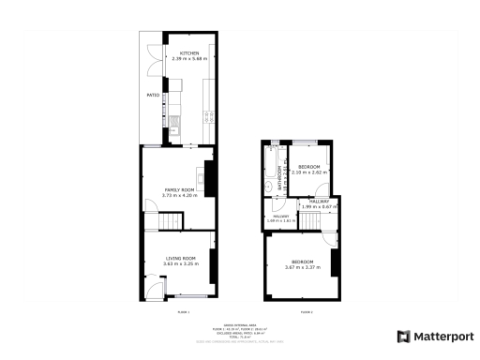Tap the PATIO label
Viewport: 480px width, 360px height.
pos(151,95)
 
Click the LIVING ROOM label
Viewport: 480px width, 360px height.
pos(179,258)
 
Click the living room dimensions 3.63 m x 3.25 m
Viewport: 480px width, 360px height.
pos(179,263)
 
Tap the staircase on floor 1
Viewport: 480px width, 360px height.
pos(170,221)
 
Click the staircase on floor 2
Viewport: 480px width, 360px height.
pos(310,219)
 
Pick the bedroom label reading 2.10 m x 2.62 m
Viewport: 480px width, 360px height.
pos(308,172)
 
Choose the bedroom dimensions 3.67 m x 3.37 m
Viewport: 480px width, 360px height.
pos(302,267)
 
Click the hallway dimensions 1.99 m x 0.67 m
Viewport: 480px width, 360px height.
pos(320,206)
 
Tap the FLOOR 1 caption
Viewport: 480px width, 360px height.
pos(182,311)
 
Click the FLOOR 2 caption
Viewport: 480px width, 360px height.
pos(306,311)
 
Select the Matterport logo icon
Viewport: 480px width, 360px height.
pos(403,337)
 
